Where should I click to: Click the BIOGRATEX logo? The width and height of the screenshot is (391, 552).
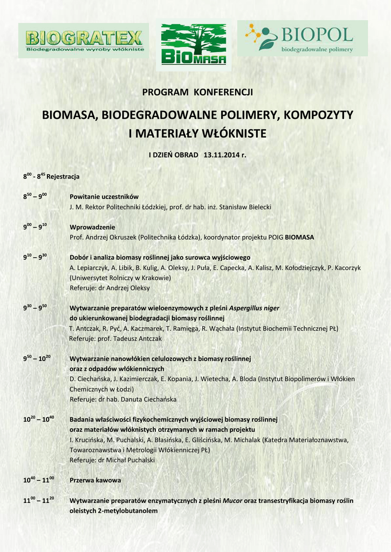pos(84,41)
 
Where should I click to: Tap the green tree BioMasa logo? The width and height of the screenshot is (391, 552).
pos(194,44)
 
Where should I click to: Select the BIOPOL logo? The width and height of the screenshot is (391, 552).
pos(303,38)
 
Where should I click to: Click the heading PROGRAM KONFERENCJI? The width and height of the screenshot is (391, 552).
pos(197,92)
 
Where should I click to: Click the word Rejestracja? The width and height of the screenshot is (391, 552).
pos(64,177)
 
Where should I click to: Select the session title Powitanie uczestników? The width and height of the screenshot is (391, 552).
pos(104,197)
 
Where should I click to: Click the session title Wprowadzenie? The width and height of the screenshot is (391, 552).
pos(92,227)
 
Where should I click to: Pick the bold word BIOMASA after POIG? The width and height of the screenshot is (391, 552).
pos(299,237)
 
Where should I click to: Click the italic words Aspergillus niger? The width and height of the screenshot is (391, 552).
pos(254,308)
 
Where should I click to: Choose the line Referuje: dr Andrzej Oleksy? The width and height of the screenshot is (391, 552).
pos(110,288)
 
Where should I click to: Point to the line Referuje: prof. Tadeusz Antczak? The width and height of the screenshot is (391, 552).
pos(115,339)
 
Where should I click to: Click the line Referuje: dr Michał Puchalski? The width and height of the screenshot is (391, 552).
pos(112,460)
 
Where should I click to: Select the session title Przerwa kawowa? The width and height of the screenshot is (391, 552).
pos(95,480)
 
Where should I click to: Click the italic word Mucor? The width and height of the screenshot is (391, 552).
pos(232,500)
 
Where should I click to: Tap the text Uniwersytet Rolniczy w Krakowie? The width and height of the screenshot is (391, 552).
pos(120,278)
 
